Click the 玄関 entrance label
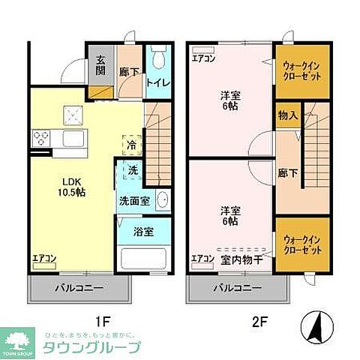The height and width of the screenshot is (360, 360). tap(100, 66)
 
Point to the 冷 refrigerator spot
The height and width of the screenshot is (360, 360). tap(132, 144)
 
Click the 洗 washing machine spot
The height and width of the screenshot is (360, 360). tap(132, 170)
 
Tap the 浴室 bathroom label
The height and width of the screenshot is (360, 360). tap(144, 232)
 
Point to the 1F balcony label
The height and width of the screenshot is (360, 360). tap(79, 288)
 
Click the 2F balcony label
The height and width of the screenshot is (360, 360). tap(236, 288)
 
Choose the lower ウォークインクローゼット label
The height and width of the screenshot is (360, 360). tap(302, 246)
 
